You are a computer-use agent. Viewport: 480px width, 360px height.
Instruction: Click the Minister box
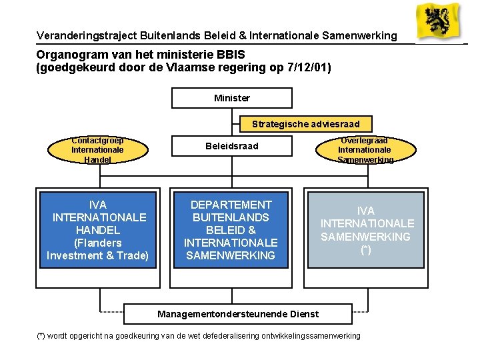232,98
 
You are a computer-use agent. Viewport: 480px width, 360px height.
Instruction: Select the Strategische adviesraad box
305,124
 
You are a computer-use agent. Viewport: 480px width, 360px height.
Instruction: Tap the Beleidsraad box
232,146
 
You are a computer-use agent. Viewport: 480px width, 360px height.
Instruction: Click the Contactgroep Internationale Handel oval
97,150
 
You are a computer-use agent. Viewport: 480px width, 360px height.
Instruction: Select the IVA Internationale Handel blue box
98,230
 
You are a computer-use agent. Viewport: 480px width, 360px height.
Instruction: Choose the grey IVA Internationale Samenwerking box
366,230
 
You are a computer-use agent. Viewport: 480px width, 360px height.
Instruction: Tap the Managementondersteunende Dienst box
237,313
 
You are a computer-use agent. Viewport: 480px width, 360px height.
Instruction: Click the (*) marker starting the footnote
41,336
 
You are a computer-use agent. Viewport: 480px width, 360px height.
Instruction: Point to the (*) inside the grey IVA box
366,249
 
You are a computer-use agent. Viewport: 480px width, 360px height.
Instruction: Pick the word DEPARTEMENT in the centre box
231,205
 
